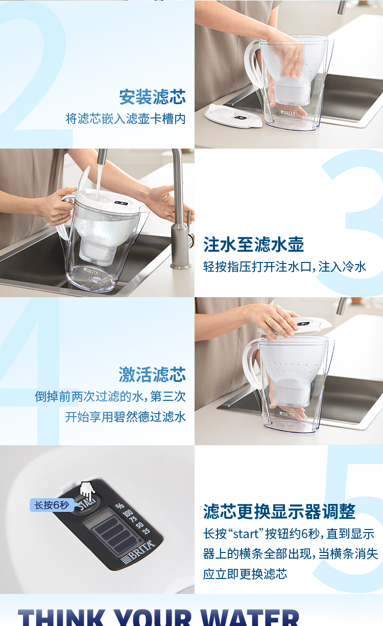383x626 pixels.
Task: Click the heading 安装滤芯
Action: tap(152, 97)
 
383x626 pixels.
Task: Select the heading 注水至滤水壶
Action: tap(253, 244)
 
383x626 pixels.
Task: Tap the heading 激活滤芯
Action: tap(152, 374)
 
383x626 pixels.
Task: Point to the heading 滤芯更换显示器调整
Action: tap(279, 511)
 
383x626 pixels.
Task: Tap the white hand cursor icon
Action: tap(87, 491)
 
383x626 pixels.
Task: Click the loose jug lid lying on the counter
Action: tap(233, 115)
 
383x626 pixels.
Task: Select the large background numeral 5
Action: tap(352, 516)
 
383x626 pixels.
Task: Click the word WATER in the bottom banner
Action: tap(250, 617)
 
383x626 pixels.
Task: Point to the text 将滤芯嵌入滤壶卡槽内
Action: tap(125, 118)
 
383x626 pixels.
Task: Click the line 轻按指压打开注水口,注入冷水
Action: tap(284, 267)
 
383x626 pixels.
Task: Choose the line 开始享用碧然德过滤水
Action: tap(125, 417)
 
